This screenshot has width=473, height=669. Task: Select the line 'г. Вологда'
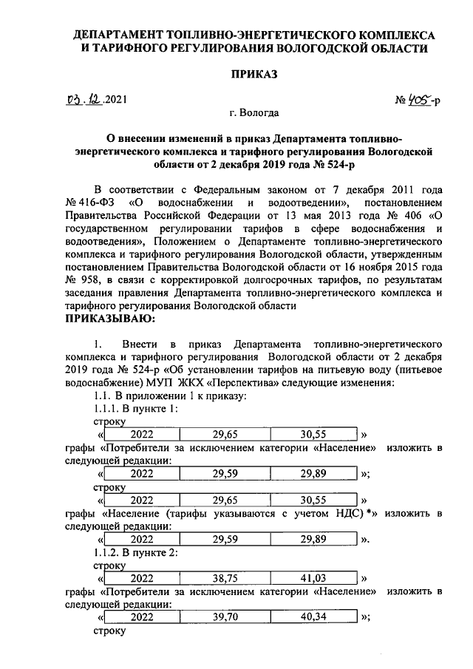[x=254, y=114]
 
